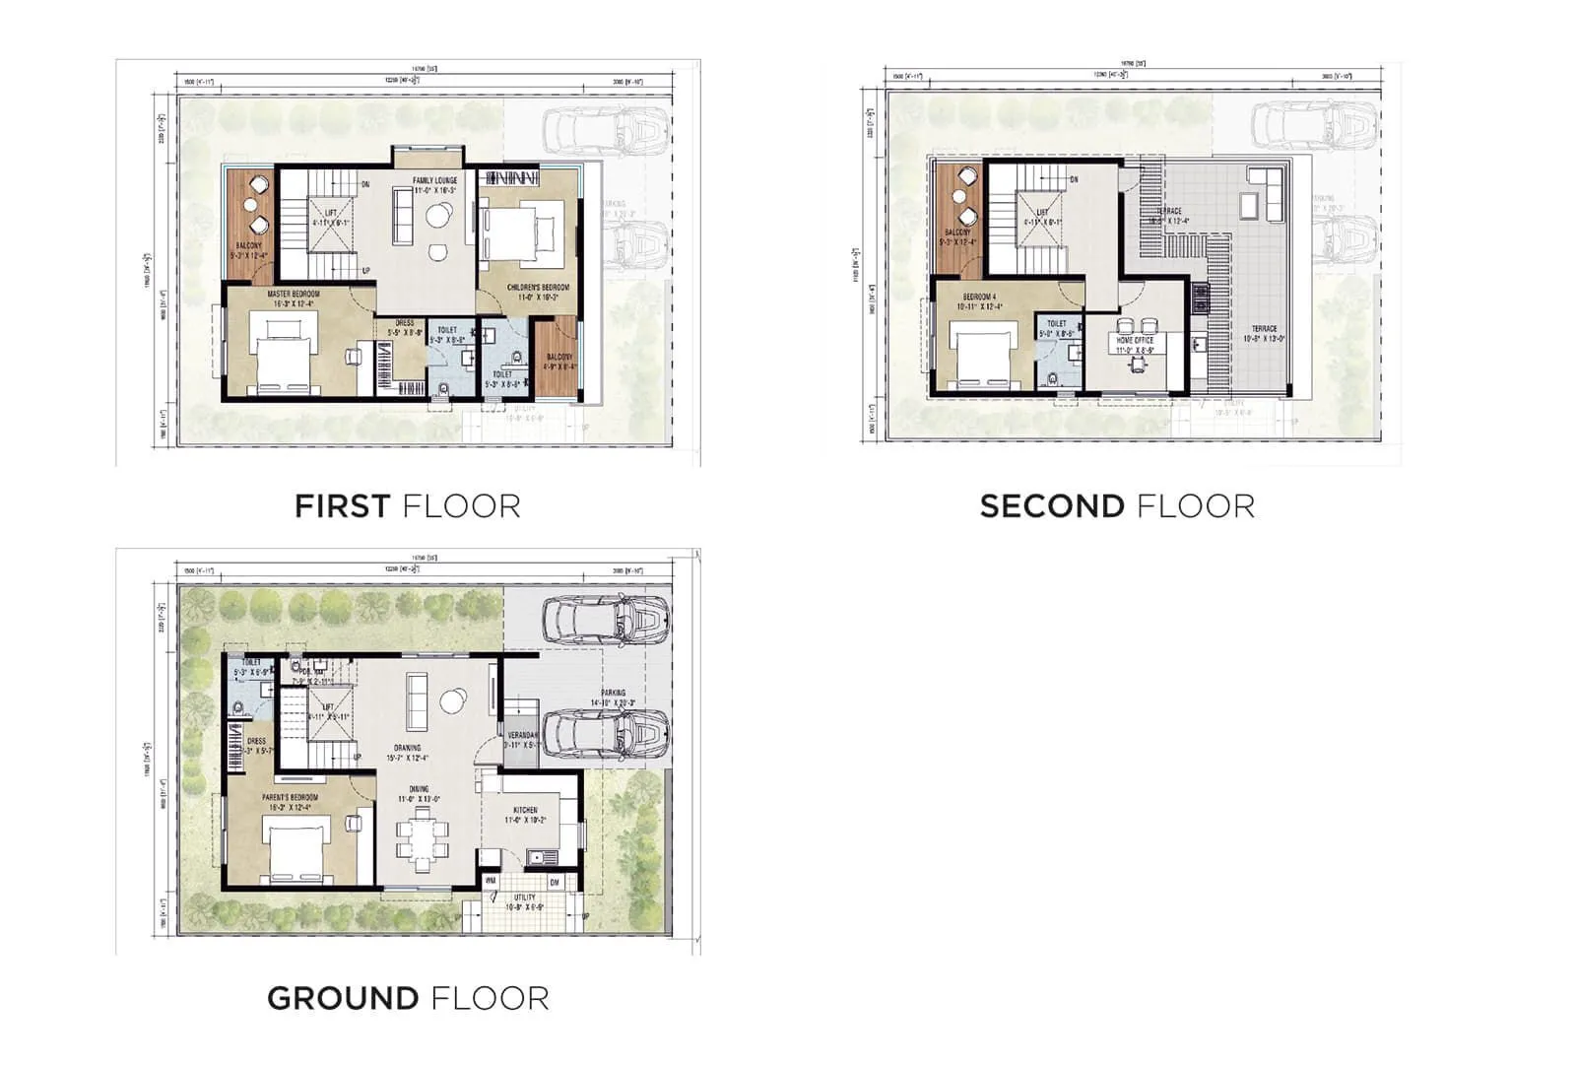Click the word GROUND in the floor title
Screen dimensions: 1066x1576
coord(342,998)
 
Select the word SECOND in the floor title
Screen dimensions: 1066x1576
coord(1052,506)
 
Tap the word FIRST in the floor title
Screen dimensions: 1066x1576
coord(342,506)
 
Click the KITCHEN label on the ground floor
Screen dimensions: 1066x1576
coord(525,810)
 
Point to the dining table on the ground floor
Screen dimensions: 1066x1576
coord(422,834)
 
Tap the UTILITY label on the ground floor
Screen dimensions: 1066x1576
coord(525,898)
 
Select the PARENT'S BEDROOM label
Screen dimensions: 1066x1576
coord(290,797)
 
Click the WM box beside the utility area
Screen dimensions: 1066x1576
coord(491,881)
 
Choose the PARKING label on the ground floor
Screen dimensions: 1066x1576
coord(613,693)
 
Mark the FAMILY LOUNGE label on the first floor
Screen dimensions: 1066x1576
coord(434,181)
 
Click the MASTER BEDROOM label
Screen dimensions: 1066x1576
coord(293,294)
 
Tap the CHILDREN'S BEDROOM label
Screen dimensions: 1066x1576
coord(538,288)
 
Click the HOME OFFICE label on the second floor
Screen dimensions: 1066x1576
coord(1135,340)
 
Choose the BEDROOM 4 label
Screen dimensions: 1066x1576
coord(979,297)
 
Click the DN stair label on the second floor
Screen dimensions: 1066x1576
coord(1074,179)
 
